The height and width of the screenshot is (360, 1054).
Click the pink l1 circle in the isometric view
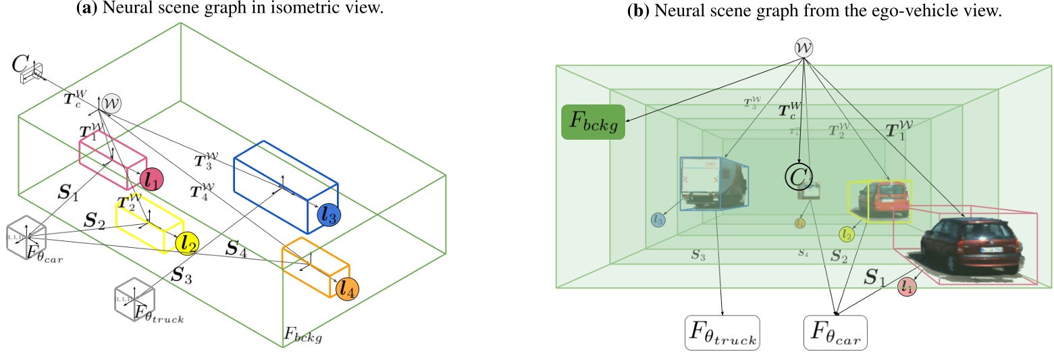[151, 178]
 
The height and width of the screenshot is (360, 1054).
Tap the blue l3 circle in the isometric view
[329, 215]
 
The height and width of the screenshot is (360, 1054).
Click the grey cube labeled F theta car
[26, 238]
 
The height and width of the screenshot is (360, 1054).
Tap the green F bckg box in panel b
[593, 122]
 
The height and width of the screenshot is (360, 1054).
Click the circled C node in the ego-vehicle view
[797, 176]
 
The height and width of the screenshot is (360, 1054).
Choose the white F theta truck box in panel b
[722, 332]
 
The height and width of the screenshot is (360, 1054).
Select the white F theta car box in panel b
[835, 332]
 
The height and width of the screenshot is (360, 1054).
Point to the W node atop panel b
[801, 48]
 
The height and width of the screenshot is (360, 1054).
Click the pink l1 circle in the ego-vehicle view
[907, 288]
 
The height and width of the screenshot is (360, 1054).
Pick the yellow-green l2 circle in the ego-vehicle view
[847, 234]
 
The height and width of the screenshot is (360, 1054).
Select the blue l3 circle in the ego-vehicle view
[659, 220]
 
